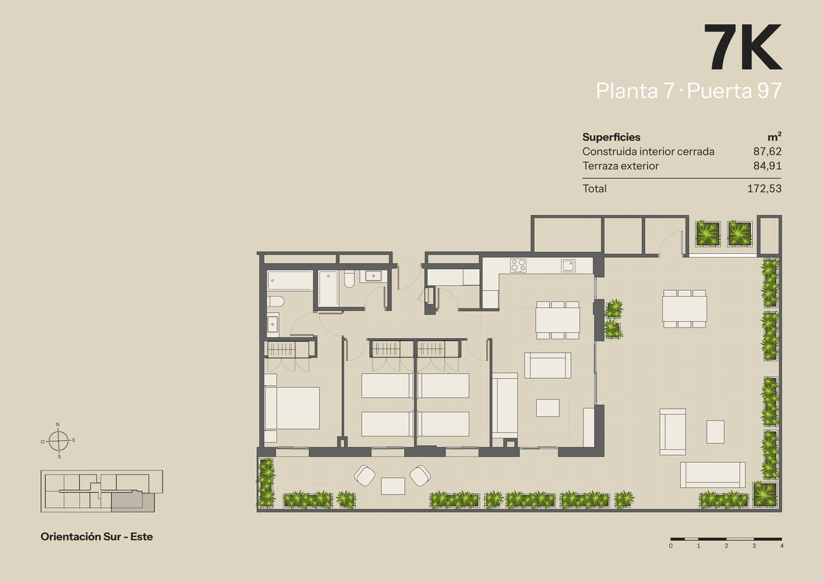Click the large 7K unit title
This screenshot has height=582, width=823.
coord(743,47)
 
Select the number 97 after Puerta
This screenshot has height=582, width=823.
coord(769,91)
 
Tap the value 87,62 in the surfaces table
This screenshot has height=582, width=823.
coord(767,151)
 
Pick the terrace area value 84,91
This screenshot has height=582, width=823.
coord(767,166)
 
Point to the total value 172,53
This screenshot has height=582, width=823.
coord(764,189)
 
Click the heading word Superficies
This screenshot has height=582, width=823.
coord(611,137)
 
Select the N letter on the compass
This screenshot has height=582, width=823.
coord(58,424)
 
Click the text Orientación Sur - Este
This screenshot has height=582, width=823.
coord(97,536)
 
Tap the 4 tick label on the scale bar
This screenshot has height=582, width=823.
coord(781,546)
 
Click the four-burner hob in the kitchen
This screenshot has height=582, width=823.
coord(518,265)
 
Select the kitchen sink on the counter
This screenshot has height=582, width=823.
coord(568,265)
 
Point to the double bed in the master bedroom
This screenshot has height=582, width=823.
coord(292,408)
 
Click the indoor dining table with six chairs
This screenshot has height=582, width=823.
coord(558,320)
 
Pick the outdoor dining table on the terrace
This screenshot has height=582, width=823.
coord(684,308)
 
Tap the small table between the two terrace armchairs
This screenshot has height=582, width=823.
coord(393,486)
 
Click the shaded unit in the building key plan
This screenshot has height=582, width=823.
coord(133,502)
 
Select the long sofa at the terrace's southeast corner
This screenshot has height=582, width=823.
coord(713,475)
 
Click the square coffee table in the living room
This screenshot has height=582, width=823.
coord(548,408)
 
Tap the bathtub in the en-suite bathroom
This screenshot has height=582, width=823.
coord(290,281)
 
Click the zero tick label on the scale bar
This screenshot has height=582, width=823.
coord(670,546)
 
